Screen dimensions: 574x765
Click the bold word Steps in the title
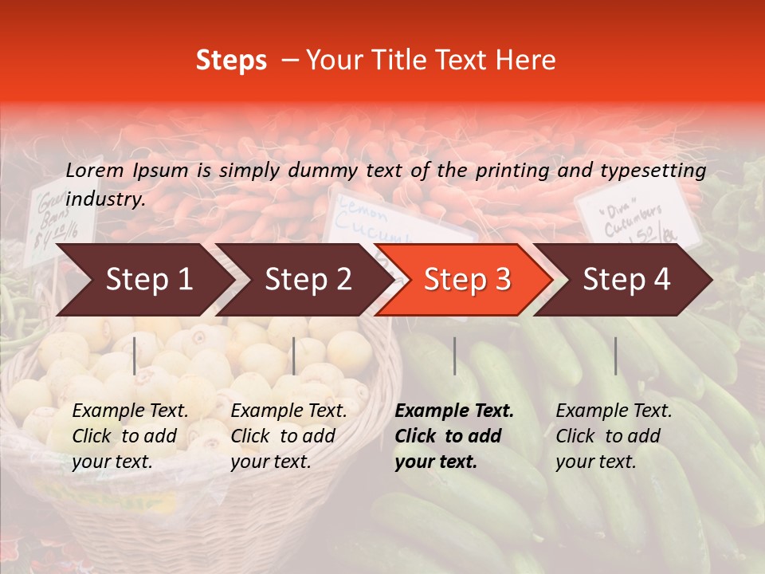231,61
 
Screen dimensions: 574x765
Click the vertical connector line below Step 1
135,356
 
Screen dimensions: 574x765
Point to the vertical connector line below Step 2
294,356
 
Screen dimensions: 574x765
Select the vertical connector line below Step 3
455,356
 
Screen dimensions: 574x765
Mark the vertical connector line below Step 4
615,356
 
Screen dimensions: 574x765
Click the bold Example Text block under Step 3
454,436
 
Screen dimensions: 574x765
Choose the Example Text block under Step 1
130,436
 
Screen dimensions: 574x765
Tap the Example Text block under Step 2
288,436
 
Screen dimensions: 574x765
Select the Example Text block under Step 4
614,436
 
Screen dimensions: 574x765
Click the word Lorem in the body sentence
95,171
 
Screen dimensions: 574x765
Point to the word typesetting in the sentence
653,171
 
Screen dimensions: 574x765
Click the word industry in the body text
103,199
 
